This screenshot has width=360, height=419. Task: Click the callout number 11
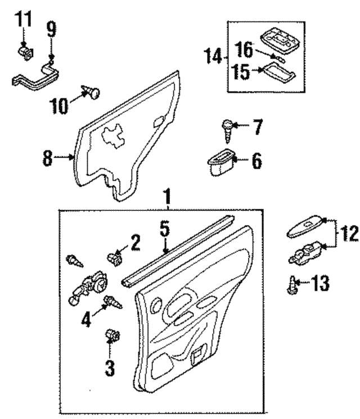(23, 19)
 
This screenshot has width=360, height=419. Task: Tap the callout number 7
(256, 128)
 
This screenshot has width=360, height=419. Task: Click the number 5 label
(164, 229)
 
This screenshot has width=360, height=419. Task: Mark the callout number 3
(110, 369)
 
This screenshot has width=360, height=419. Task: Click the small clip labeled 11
(24, 53)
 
